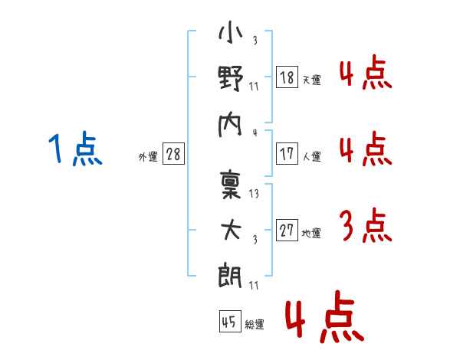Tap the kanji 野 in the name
[231, 79]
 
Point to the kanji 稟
[231, 186]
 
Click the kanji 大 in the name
[231, 230]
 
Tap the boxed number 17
[287, 153]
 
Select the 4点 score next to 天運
[365, 74]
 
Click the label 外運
[148, 156]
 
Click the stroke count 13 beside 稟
[255, 195]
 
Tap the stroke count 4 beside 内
[255, 131]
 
